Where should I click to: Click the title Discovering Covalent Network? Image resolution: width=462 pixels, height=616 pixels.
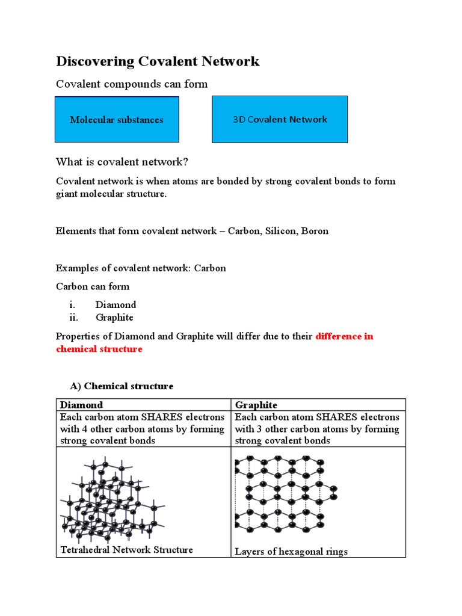[x=158, y=61]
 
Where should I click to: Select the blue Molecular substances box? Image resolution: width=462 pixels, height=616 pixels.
[x=116, y=120]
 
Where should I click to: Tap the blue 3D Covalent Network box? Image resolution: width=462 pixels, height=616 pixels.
[x=280, y=119]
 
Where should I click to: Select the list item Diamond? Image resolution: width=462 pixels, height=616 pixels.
[x=115, y=304]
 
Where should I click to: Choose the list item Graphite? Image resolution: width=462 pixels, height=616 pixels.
[x=114, y=317]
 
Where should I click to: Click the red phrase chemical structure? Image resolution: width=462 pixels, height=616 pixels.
[x=99, y=349]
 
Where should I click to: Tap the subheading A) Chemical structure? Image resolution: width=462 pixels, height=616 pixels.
[x=122, y=386]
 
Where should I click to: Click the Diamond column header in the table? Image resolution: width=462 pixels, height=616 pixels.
[x=81, y=405]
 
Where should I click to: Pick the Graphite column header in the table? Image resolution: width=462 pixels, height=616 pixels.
[x=256, y=405]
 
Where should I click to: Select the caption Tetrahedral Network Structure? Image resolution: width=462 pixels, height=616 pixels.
[x=126, y=550]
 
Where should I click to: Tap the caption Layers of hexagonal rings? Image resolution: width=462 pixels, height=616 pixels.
[x=291, y=552]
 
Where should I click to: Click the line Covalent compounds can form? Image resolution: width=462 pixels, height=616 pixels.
[x=132, y=84]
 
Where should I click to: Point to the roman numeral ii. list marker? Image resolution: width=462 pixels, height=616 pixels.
[x=73, y=317]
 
